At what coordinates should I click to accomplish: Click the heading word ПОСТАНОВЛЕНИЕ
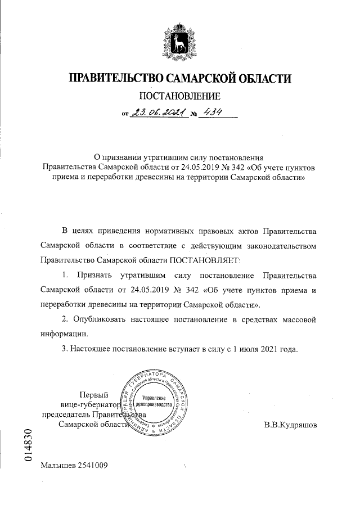(x=179, y=97)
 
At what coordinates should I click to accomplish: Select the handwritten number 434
(x=213, y=112)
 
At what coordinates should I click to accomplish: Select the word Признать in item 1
(x=94, y=276)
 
